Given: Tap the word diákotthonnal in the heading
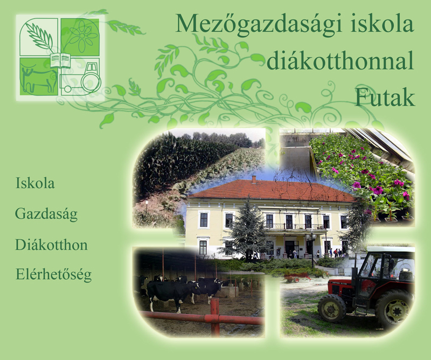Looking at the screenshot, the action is pyautogui.click(x=340, y=60).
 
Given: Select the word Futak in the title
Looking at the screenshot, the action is pyautogui.click(x=385, y=98).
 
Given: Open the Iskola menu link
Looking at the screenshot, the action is pyautogui.click(x=35, y=183).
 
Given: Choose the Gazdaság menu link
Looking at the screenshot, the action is pyautogui.click(x=46, y=214).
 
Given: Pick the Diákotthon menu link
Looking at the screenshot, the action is pyautogui.click(x=51, y=245).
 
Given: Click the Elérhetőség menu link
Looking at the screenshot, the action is pyautogui.click(x=53, y=275).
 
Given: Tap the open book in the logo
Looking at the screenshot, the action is pyautogui.click(x=60, y=60).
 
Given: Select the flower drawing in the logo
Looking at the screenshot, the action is pyautogui.click(x=82, y=36).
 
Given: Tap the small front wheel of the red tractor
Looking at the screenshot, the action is pyautogui.click(x=332, y=308).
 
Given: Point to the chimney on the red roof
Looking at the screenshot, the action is pyautogui.click(x=254, y=179).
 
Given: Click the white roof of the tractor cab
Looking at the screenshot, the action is pyautogui.click(x=391, y=249).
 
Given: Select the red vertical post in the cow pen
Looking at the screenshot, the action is pyautogui.click(x=215, y=317).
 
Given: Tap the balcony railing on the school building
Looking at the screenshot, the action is pyautogui.click(x=295, y=226).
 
